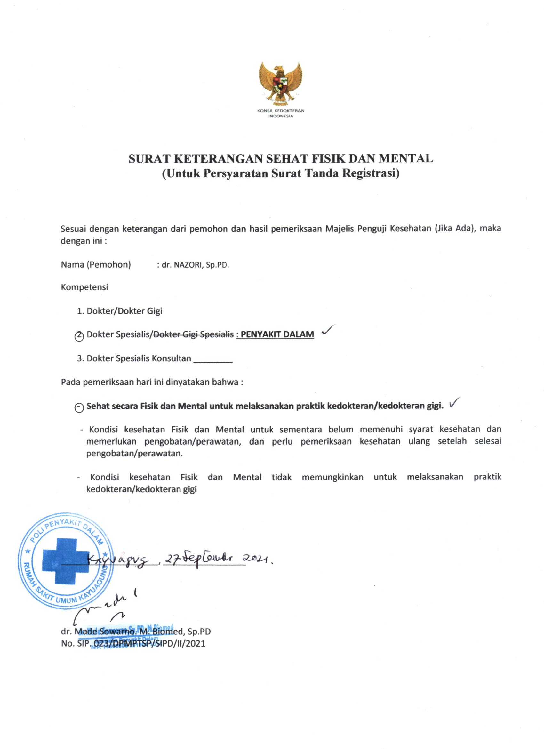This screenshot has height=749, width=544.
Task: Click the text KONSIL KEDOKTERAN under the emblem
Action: click(x=281, y=111)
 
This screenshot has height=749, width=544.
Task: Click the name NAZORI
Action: click(x=187, y=265)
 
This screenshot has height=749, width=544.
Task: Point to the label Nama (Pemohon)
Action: click(x=96, y=264)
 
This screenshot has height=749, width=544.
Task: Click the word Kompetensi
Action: click(x=84, y=287)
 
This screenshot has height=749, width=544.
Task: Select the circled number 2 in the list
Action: click(x=79, y=336)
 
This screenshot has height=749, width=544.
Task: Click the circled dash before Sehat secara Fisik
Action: click(x=79, y=407)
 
